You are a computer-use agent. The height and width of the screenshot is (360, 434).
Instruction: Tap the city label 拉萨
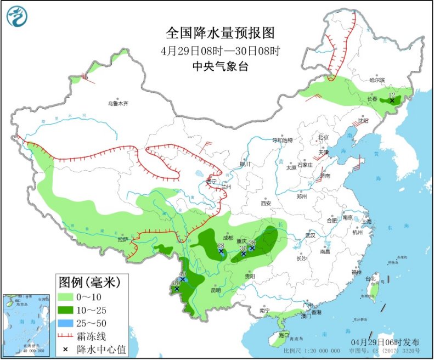point(122,239)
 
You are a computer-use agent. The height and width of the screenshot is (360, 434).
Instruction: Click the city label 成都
point(228,238)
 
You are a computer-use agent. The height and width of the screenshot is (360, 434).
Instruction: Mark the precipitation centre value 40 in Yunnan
point(183,274)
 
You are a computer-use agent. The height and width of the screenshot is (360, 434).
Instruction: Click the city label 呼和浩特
point(283,140)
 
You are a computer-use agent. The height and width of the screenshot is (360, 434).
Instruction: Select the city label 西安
point(266,203)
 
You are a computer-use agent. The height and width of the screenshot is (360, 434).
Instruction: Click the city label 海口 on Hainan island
point(283,335)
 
